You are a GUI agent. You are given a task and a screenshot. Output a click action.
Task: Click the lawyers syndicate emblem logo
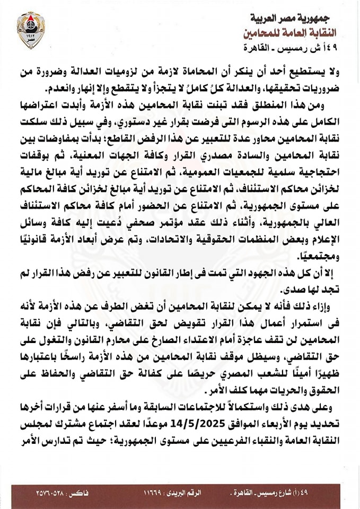(31, 29)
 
